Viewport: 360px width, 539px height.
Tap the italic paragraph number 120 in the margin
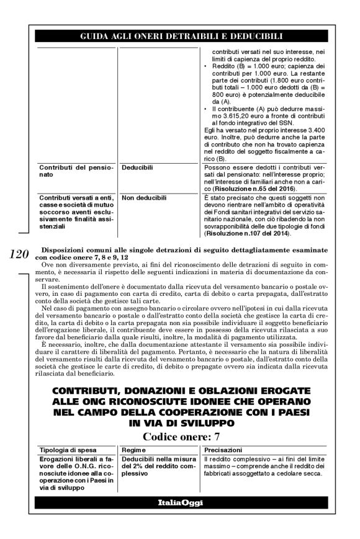pos(23,253)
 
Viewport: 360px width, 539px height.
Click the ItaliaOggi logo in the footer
pos(179,501)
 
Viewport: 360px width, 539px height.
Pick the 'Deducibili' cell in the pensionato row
pos(138,167)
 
